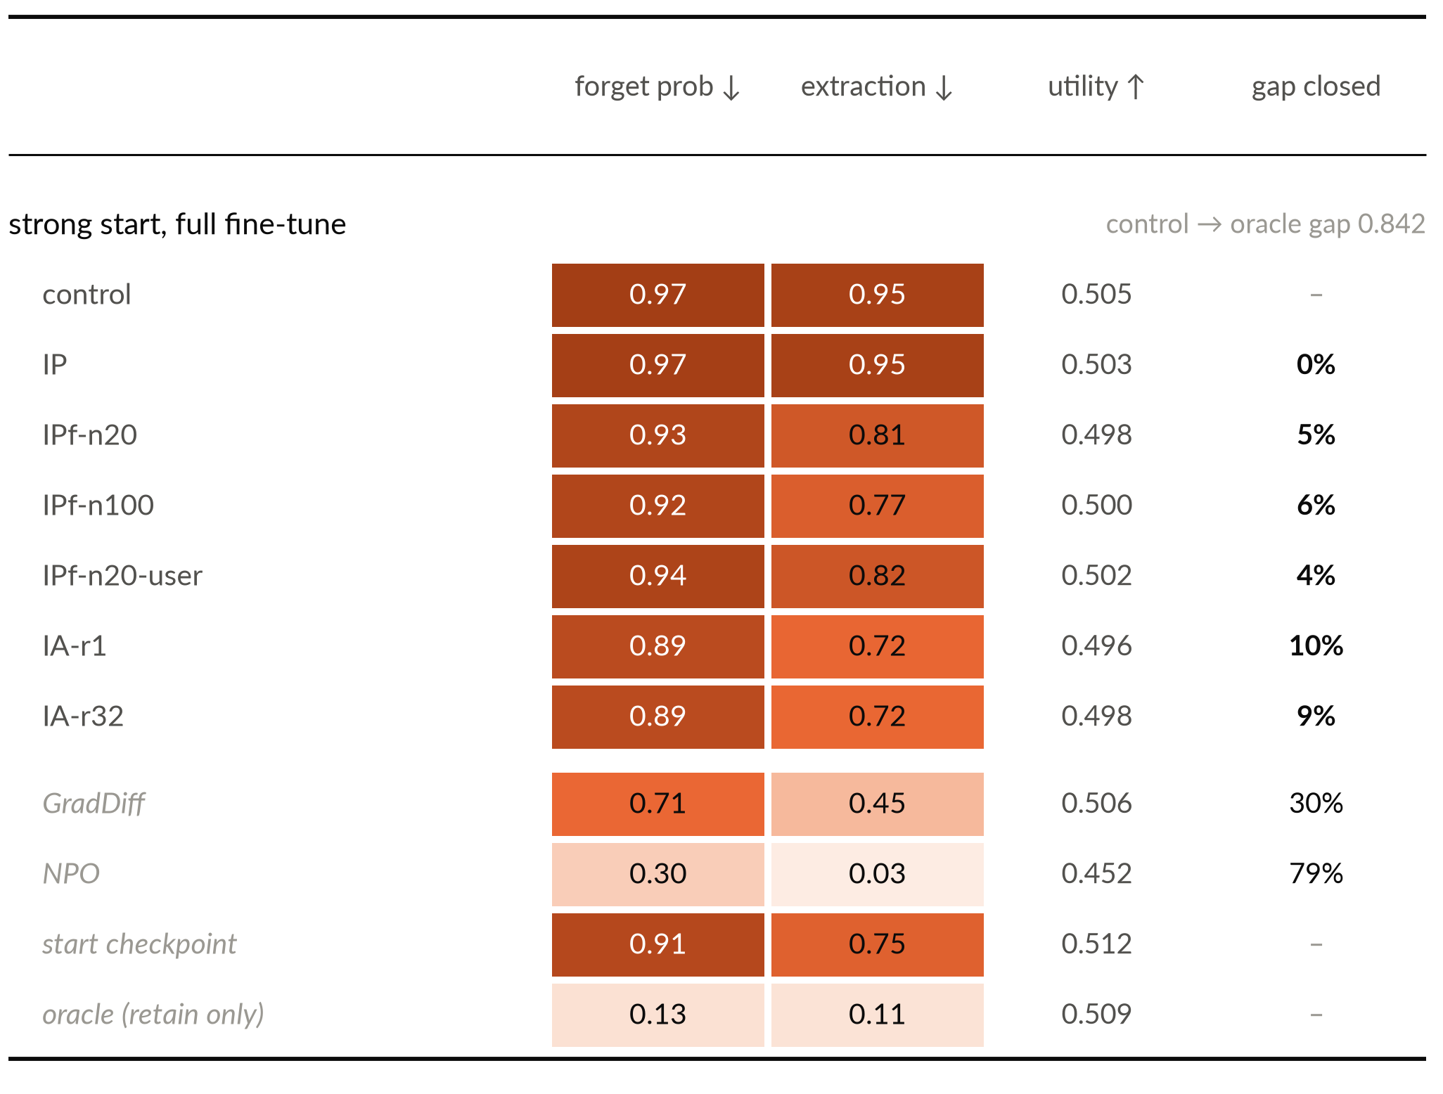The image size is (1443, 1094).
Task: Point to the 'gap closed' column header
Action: pos(1316,87)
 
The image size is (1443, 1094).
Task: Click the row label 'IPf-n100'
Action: pos(98,506)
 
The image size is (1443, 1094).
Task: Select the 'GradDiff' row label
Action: pos(94,804)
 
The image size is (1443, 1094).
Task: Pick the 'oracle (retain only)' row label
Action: pos(153,1015)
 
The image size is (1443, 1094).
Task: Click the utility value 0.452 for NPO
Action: pos(1096,874)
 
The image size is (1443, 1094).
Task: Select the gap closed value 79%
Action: pos(1316,874)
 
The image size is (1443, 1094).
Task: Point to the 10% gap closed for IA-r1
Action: pos(1316,646)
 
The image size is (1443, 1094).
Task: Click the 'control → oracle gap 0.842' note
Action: pos(1265,224)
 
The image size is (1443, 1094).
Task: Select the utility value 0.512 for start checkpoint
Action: pos(1096,944)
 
